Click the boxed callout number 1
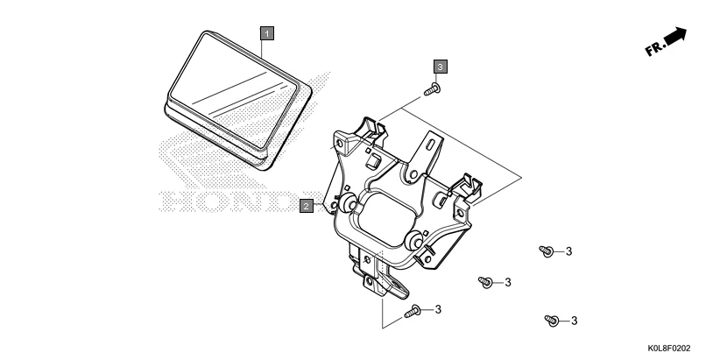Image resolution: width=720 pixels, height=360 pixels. point(268,33)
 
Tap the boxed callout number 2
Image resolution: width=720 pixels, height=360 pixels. point(307,207)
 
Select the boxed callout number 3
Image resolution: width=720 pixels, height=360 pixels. point(441,66)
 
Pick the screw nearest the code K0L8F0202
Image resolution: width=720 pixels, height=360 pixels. point(552,320)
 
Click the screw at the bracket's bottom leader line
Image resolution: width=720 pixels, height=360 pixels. point(414,310)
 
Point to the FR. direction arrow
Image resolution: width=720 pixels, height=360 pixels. point(675,36)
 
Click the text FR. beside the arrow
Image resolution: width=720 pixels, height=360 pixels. point(654,50)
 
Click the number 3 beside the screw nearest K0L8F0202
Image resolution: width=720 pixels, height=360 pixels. point(575,321)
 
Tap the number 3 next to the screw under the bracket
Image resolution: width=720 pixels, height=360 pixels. point(437,309)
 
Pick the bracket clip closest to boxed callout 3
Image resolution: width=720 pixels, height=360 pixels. point(373,131)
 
